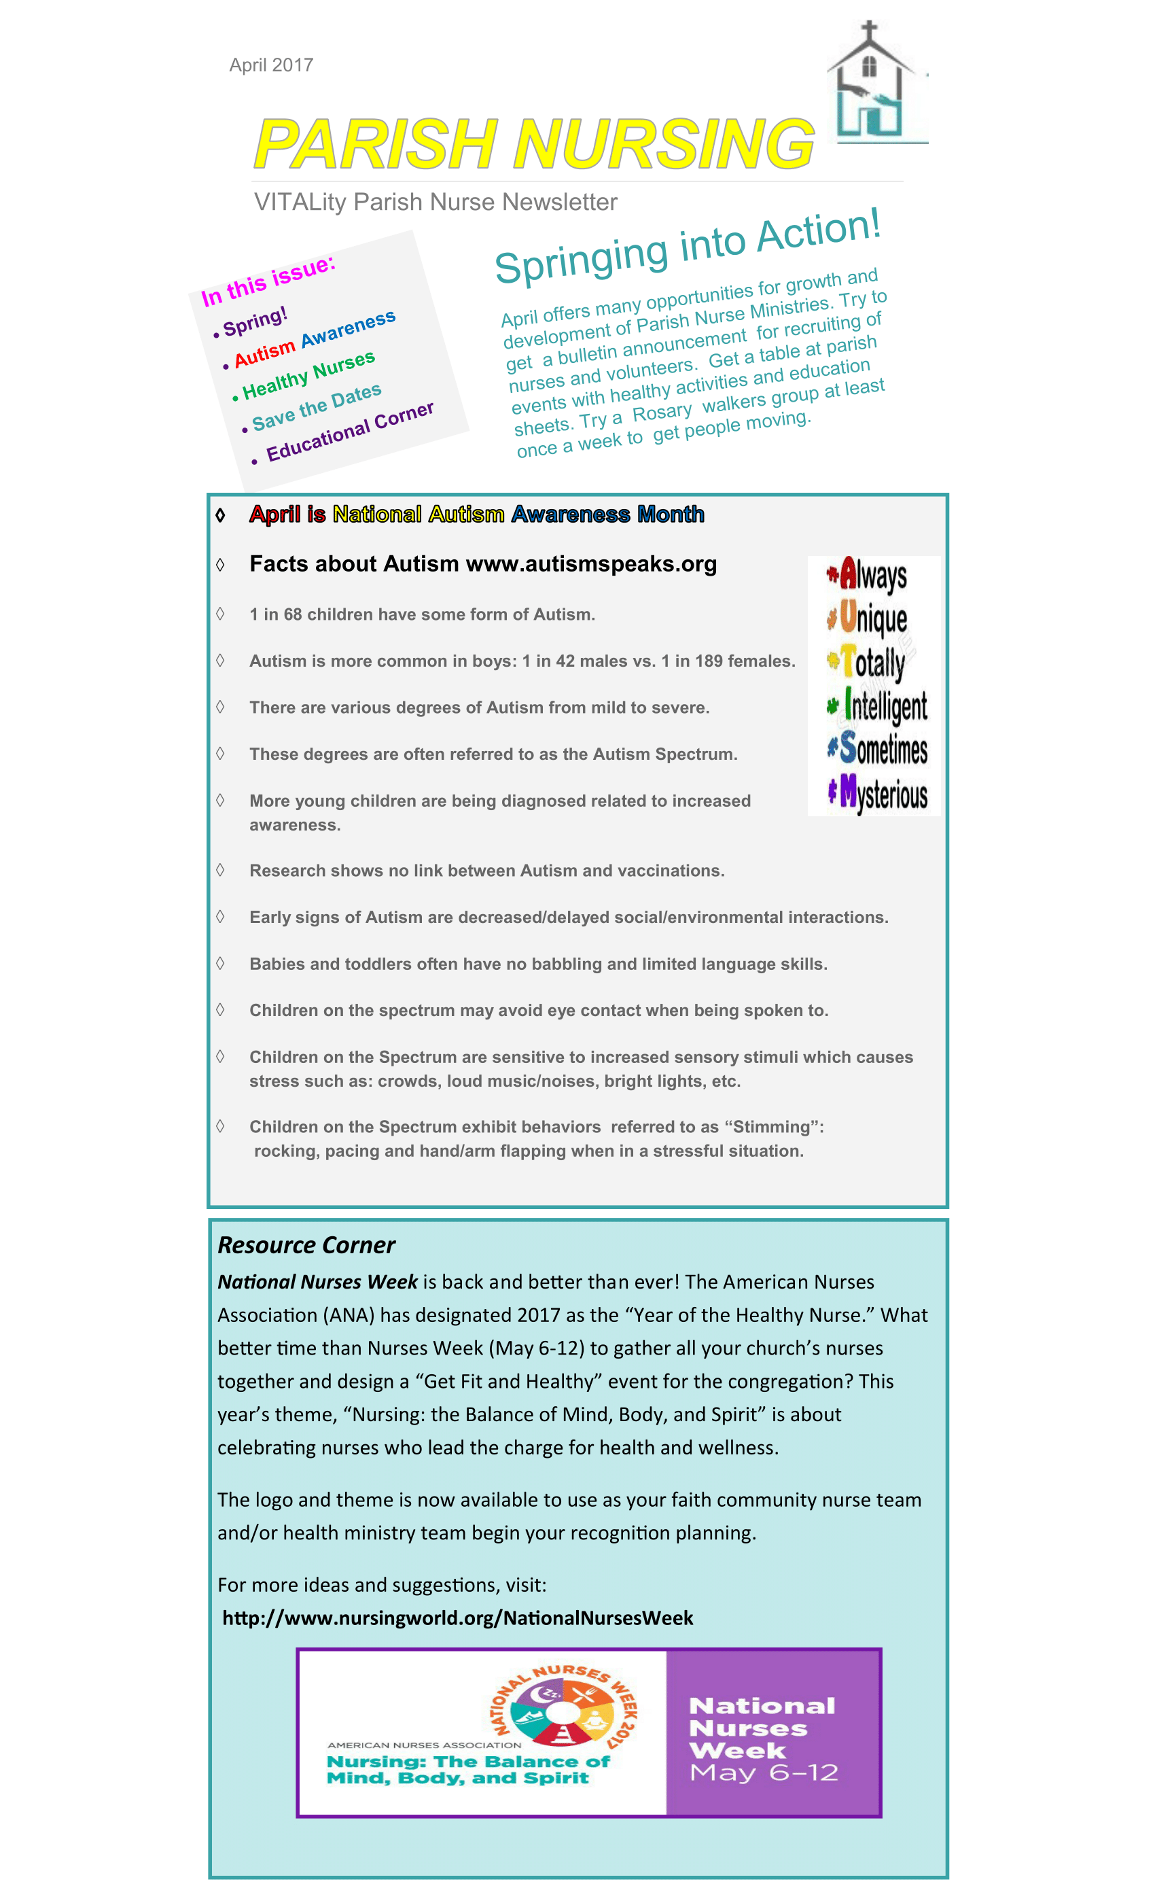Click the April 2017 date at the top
pos(271,65)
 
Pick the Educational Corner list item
pos(350,432)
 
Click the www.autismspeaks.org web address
pos(591,565)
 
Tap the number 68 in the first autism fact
pos(293,615)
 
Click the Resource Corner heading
pos(306,1245)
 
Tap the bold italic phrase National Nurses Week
pos(317,1282)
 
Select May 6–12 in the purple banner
pos(764,1773)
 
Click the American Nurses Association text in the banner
pos(424,1745)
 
